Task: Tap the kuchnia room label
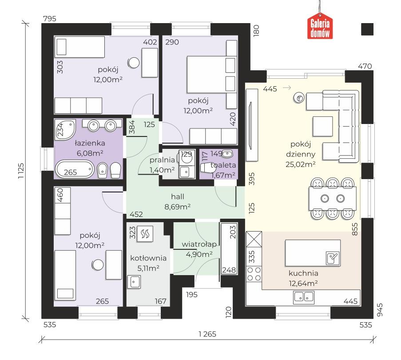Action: (x=303, y=273)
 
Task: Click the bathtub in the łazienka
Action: (x=75, y=169)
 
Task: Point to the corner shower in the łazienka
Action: (x=65, y=129)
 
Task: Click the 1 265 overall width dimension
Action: (x=207, y=334)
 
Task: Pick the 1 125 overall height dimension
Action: (x=21, y=171)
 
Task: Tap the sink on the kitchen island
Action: (x=333, y=258)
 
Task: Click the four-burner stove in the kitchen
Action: (x=254, y=274)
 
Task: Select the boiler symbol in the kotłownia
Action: (x=145, y=234)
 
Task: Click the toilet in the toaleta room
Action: (x=206, y=168)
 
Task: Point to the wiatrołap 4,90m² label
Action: (x=199, y=249)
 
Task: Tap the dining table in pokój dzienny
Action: (x=333, y=198)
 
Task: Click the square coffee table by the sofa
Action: (x=323, y=126)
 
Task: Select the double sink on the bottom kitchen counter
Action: (x=304, y=297)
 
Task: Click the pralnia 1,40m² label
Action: (x=162, y=165)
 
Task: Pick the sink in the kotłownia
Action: (x=134, y=282)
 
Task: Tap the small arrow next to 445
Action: (x=287, y=88)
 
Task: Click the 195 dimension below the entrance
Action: (x=192, y=295)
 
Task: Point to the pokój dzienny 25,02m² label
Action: (x=301, y=154)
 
